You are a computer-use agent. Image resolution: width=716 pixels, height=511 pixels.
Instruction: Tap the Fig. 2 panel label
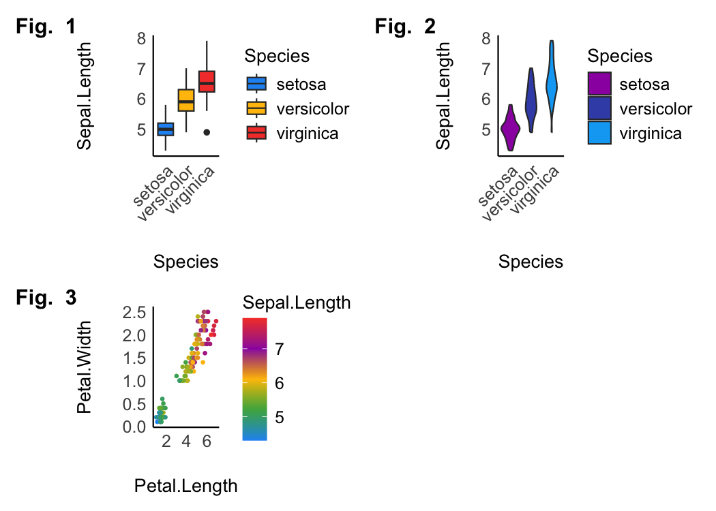click(405, 27)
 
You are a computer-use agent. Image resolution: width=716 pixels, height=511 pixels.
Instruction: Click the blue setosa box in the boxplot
click(166, 128)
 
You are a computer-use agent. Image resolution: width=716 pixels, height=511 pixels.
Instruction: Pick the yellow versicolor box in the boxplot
click(186, 99)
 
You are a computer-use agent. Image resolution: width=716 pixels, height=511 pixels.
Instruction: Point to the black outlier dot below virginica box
click(207, 132)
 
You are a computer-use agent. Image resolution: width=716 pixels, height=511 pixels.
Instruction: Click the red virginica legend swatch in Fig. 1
click(256, 133)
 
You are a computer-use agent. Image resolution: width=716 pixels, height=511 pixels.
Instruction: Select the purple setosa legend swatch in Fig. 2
click(599, 84)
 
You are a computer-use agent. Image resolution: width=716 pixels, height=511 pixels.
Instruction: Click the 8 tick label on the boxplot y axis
click(140, 38)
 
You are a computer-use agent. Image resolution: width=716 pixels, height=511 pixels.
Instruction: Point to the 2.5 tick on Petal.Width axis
click(134, 313)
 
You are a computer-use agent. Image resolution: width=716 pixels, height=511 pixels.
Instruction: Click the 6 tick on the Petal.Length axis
click(206, 441)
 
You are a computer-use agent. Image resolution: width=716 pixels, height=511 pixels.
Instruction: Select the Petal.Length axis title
click(186, 486)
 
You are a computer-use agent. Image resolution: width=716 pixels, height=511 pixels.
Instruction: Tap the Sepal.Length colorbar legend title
click(297, 303)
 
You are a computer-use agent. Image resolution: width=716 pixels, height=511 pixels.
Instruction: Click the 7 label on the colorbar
click(279, 350)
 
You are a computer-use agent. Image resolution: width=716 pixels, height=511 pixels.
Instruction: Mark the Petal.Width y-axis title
click(85, 368)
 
